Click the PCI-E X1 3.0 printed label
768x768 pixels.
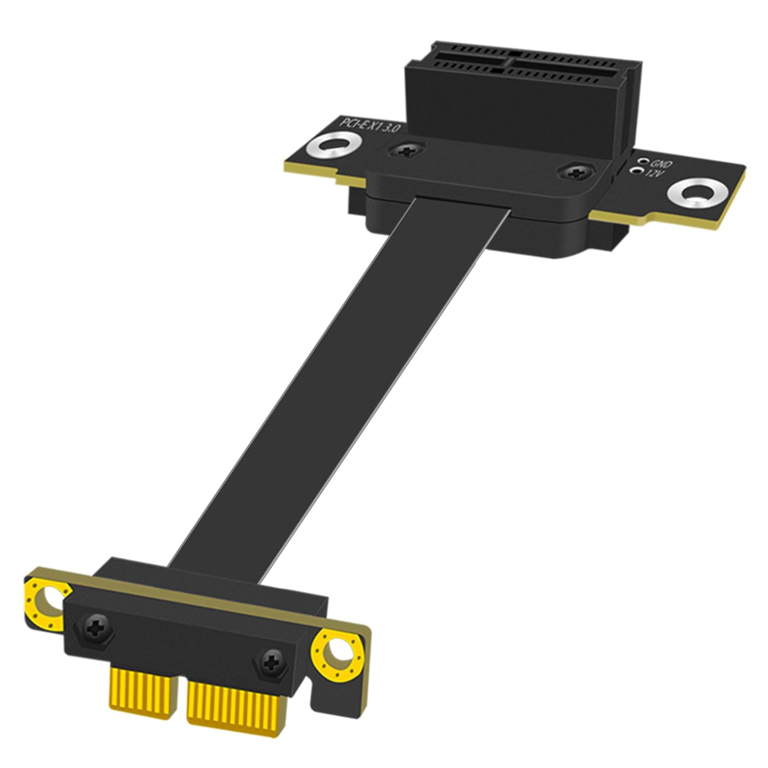click(369, 127)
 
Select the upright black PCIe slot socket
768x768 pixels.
click(517, 102)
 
